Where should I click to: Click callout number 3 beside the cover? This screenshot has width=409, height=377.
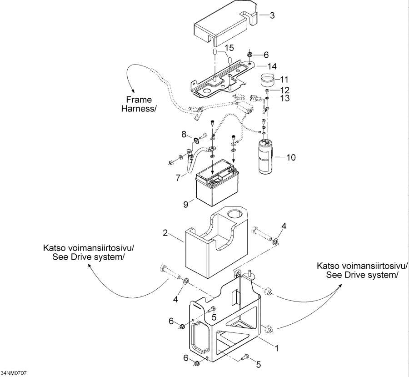coord(272,16)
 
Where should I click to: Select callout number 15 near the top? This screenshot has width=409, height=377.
coord(229,48)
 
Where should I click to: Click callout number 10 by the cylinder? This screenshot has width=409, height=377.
coord(291,158)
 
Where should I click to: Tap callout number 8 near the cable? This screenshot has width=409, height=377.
coord(184,134)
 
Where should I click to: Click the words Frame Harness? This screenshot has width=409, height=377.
coord(139,104)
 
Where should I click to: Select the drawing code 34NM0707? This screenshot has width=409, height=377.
coord(14,373)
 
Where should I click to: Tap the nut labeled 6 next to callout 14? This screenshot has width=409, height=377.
coord(249,55)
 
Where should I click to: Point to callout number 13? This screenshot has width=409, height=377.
coord(284,98)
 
